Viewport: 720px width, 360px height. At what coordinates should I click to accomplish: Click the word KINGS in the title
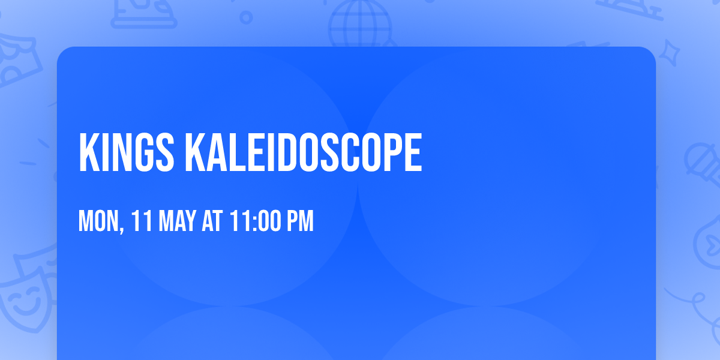click(x=126, y=153)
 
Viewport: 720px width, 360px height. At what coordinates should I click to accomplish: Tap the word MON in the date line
click(x=99, y=221)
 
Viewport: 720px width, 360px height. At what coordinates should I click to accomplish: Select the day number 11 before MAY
click(x=142, y=221)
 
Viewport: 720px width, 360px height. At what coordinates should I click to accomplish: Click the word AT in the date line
click(x=212, y=221)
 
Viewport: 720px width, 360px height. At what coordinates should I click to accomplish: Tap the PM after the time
click(x=300, y=221)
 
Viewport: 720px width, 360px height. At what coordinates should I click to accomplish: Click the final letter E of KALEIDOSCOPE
click(x=413, y=153)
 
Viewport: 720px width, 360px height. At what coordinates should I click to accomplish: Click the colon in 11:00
click(x=255, y=222)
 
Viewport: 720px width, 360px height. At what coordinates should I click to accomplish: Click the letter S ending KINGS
click(x=164, y=153)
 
